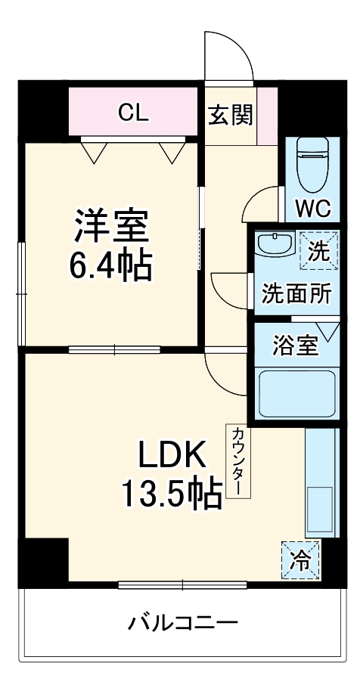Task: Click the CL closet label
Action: tap(134, 113)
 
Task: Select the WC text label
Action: tap(312, 209)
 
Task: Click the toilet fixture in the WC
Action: tap(311, 163)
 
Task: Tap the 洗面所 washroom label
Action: tap(296, 294)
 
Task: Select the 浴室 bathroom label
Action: tap(295, 345)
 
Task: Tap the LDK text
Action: tap(171, 456)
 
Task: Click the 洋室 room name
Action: tap(111, 224)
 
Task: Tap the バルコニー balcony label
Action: tap(182, 624)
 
